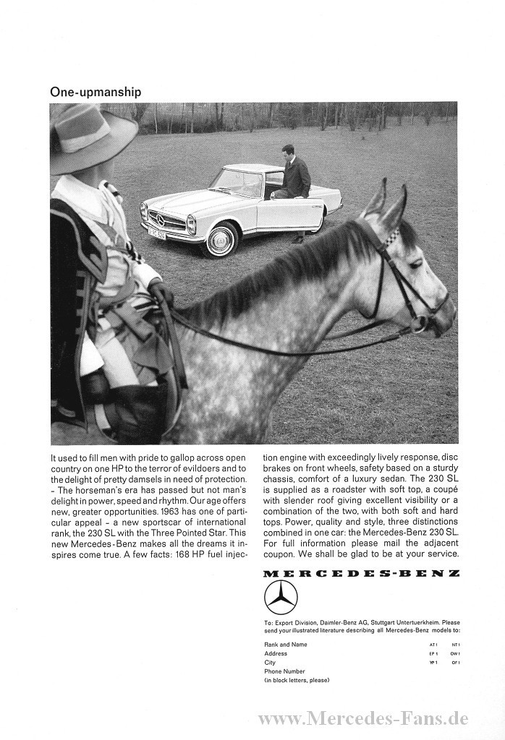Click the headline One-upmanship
tap(96, 92)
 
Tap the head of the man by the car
tap(289, 152)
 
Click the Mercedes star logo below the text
tap(281, 597)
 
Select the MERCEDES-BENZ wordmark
tap(361, 573)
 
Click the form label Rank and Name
tap(286, 644)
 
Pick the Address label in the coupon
tap(276, 653)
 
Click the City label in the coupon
tap(270, 662)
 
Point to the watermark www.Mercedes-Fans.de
tap(363, 718)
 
